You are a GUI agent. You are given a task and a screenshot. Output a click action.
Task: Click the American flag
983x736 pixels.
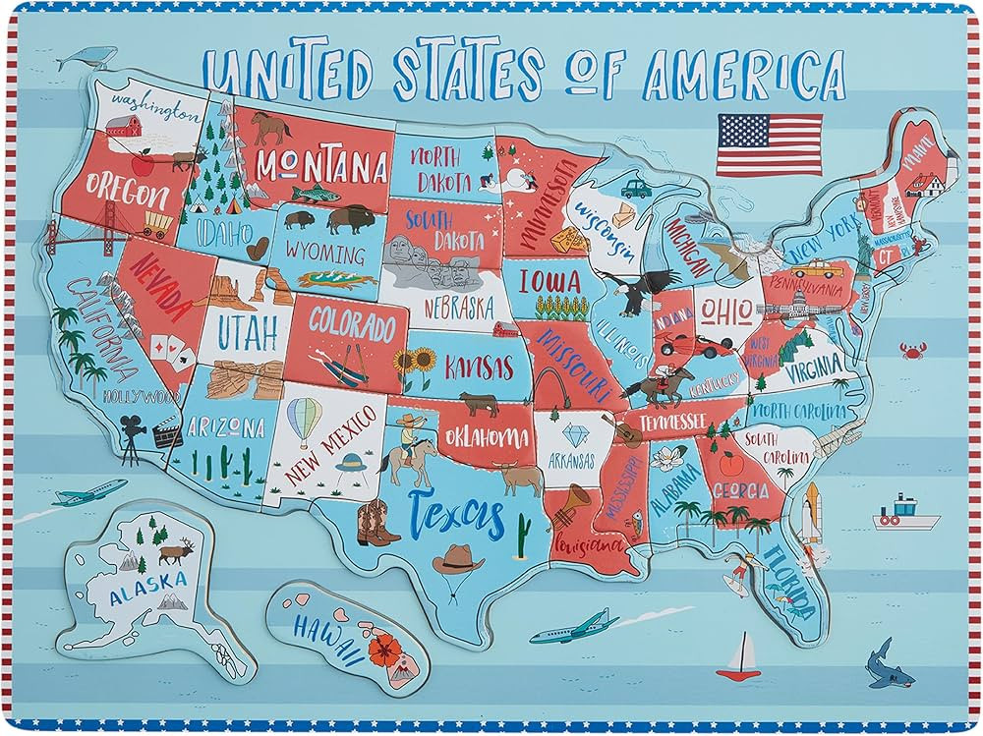[770, 144]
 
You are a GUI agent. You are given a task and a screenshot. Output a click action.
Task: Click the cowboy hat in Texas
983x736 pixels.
[458, 559]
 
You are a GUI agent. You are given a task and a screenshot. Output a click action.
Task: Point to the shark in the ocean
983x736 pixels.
[881, 664]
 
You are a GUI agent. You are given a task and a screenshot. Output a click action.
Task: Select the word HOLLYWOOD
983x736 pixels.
[141, 397]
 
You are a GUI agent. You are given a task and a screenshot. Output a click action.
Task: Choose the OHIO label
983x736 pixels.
[726, 311]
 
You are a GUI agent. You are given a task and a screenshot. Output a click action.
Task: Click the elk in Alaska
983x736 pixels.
[178, 552]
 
